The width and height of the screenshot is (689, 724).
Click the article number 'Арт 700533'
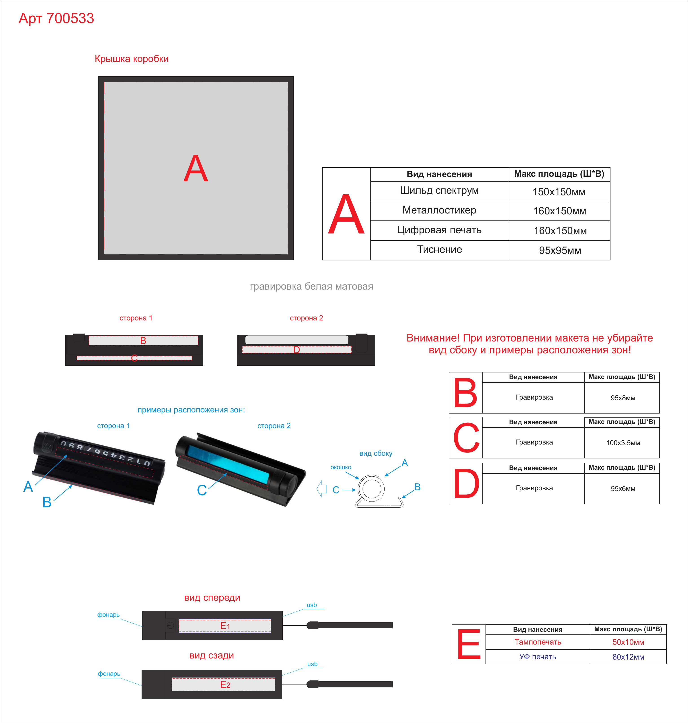(56, 18)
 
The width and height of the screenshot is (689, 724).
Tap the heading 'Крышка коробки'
(131, 59)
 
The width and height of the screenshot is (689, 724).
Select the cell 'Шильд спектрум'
(439, 191)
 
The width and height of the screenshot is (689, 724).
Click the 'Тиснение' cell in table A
(439, 250)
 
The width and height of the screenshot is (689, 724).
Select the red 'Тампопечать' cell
(538, 642)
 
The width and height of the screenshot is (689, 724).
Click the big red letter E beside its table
(469, 644)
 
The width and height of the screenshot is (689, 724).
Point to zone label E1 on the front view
(225, 626)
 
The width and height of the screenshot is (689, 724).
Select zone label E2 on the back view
(225, 684)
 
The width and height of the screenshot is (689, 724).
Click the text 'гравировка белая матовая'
(311, 287)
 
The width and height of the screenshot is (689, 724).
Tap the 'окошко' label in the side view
(341, 467)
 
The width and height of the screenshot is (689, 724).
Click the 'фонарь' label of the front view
(108, 615)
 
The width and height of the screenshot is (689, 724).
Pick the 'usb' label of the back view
(312, 664)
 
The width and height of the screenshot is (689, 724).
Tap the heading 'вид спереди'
(212, 598)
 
